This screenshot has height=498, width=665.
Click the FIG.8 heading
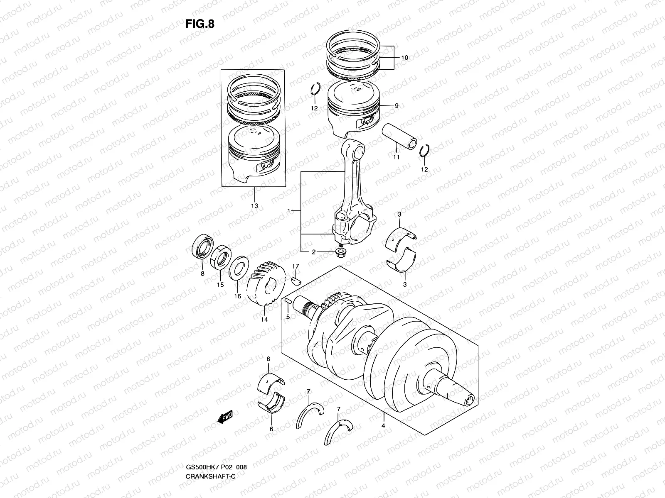(x=200, y=24)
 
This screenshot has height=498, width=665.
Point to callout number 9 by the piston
(x=397, y=106)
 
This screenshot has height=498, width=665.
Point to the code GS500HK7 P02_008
(x=216, y=479)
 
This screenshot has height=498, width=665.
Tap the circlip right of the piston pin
(x=424, y=152)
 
